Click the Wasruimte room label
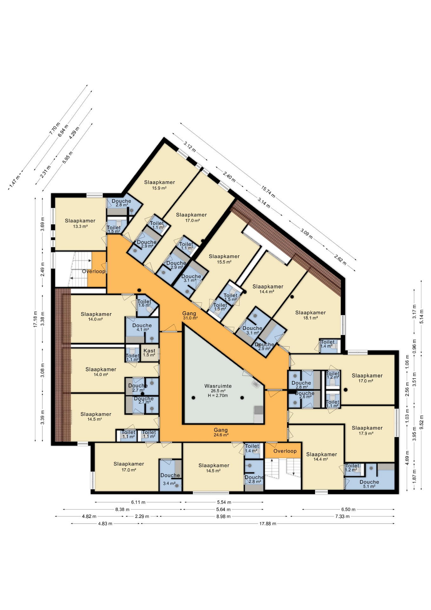(x=218, y=386)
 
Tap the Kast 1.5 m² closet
(x=149, y=353)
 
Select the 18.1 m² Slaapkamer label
(x=310, y=315)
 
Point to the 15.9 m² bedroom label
(x=159, y=185)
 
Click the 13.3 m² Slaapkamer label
(x=80, y=223)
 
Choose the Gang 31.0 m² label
(x=189, y=315)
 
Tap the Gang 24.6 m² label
(x=221, y=432)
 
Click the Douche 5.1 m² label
(x=369, y=484)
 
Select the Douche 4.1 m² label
(x=142, y=327)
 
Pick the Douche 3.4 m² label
(x=170, y=479)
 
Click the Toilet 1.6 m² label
(x=144, y=303)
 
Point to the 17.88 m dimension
(x=268, y=524)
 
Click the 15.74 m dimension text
(x=268, y=192)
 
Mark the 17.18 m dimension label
(x=35, y=319)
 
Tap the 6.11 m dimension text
(x=138, y=502)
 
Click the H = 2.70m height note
(x=218, y=396)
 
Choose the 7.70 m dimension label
(x=55, y=128)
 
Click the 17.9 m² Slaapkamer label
(x=367, y=430)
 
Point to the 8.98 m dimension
(x=223, y=516)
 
